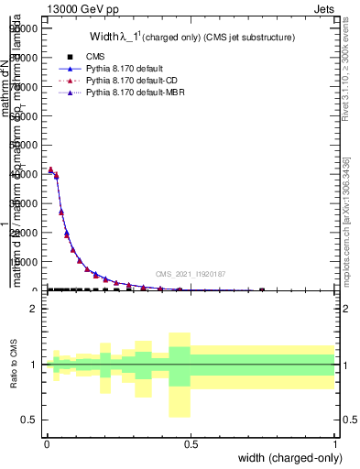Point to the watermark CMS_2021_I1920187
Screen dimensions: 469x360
tap(190, 273)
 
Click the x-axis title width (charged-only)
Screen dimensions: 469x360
tap(289, 459)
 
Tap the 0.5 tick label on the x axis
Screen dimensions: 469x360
tap(191, 443)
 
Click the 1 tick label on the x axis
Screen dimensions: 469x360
tap(334, 443)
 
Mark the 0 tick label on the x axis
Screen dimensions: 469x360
tap(47, 443)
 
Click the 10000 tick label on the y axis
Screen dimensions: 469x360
tap(22, 262)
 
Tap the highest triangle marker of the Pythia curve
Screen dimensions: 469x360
tap(50, 169)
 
